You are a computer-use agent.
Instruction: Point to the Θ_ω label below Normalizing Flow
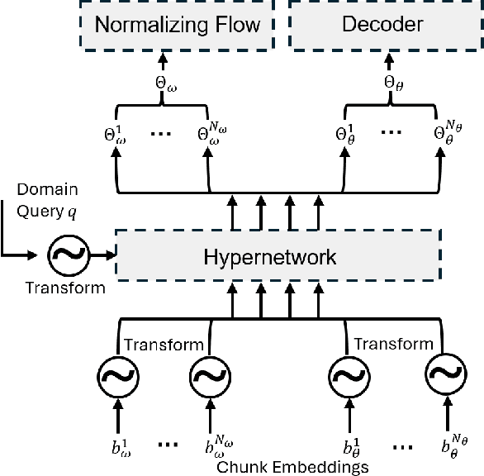(x=164, y=83)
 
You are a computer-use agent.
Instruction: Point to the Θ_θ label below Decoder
(x=392, y=83)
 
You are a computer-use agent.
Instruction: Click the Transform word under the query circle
(x=65, y=288)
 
